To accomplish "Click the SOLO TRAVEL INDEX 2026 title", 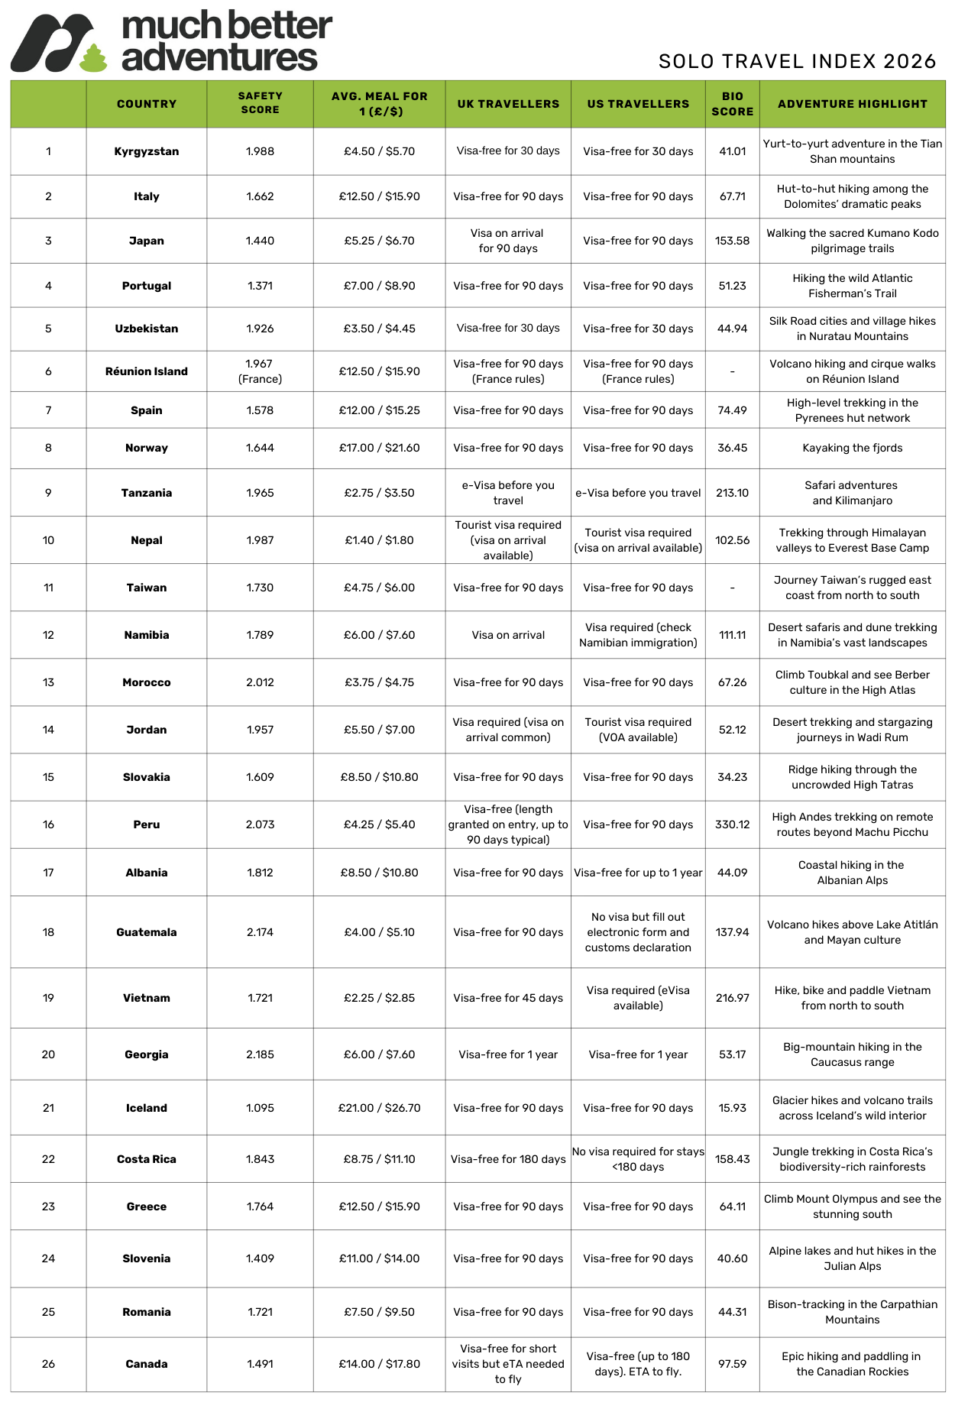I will pyautogui.click(x=797, y=62).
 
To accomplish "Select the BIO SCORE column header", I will pyautogui.click(x=732, y=104).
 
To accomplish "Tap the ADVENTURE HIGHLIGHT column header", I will pyautogui.click(x=852, y=104).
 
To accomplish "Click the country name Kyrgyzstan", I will pyautogui.click(x=147, y=151).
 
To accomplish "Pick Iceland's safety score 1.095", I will pyautogui.click(x=260, y=1108).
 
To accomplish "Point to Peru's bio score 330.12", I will pyautogui.click(x=732, y=824).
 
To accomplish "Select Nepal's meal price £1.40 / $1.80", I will pyautogui.click(x=379, y=540).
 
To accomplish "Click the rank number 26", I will pyautogui.click(x=48, y=1364).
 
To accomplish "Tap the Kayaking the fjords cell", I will pyautogui.click(x=852, y=448).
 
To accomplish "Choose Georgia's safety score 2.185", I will pyautogui.click(x=260, y=1054).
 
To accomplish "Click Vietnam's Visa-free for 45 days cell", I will pyautogui.click(x=508, y=998).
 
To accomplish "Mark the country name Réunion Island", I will pyautogui.click(x=147, y=371).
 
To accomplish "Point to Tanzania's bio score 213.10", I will pyautogui.click(x=732, y=493).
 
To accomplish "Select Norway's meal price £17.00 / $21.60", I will pyautogui.click(x=379, y=448).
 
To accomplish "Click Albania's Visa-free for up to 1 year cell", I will pyautogui.click(x=638, y=873).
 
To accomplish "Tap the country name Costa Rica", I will pyautogui.click(x=147, y=1159).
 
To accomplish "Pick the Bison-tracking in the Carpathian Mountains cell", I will pyautogui.click(x=852, y=1312).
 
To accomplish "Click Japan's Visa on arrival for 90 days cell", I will pyautogui.click(x=508, y=241).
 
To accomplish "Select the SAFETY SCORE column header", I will pyautogui.click(x=260, y=103).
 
